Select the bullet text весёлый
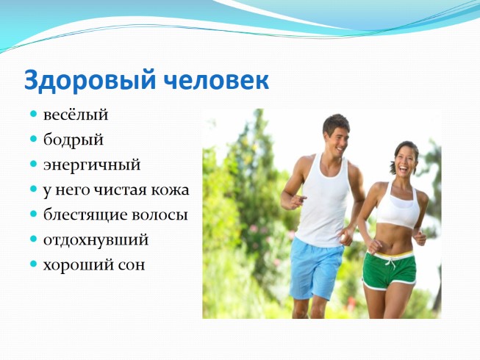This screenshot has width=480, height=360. click(x=76, y=115)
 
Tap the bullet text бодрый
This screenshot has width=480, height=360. click(x=72, y=140)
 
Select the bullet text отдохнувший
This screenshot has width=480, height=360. click(x=96, y=240)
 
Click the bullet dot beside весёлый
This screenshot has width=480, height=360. click(x=34, y=115)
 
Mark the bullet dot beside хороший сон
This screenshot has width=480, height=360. click(x=34, y=264)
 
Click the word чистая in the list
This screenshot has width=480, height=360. click(x=123, y=190)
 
